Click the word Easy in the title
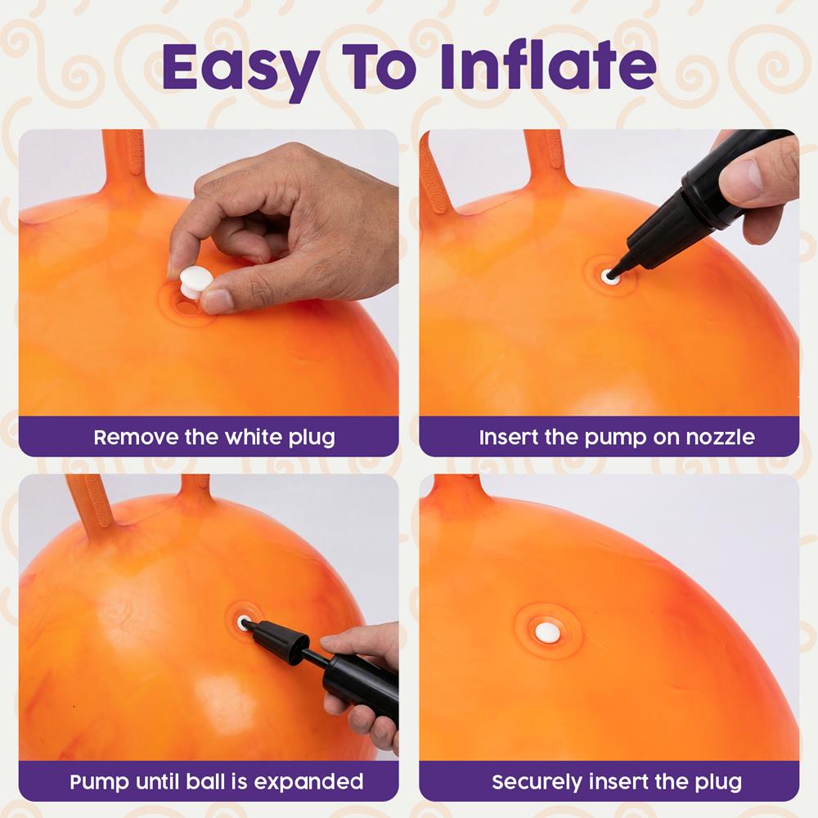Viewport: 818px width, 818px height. [x=240, y=68]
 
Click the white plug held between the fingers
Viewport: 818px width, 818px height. [x=194, y=281]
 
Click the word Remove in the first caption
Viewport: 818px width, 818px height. [x=136, y=437]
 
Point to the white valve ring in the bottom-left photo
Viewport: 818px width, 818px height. [x=243, y=622]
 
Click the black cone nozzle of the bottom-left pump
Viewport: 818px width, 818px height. [x=277, y=640]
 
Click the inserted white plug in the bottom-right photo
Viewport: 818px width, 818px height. [x=548, y=633]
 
